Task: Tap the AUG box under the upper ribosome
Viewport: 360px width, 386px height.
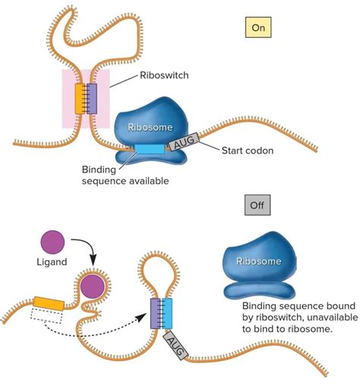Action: tap(183, 138)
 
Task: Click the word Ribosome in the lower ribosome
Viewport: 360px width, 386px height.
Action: tap(258, 261)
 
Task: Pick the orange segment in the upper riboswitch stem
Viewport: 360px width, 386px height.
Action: tap(80, 99)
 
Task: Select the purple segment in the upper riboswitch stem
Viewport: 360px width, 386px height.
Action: tap(92, 99)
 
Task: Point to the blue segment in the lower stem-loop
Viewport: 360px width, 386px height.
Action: tap(168, 314)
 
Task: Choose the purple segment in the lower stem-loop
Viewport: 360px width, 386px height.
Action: tap(156, 314)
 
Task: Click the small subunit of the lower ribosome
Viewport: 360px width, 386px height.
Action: tap(257, 288)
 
